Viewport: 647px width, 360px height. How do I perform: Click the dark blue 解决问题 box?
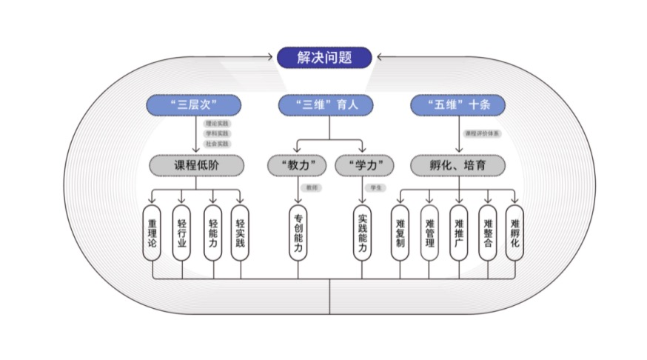(x=324, y=57)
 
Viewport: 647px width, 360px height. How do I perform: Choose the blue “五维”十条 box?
(x=457, y=105)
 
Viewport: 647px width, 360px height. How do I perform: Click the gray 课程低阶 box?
(x=196, y=164)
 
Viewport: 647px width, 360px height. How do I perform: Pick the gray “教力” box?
(x=298, y=164)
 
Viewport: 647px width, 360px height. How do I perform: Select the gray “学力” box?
(x=363, y=164)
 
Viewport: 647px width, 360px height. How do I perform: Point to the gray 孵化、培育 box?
(x=457, y=164)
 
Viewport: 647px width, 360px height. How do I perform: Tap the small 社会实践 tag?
(x=218, y=143)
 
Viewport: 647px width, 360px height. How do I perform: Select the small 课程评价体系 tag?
(x=482, y=133)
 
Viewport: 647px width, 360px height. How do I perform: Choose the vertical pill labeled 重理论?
(x=152, y=233)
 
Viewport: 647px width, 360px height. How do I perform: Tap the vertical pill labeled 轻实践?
(x=240, y=233)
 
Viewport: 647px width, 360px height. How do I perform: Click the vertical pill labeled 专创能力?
(x=298, y=233)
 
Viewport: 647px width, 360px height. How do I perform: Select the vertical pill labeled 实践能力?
(x=363, y=233)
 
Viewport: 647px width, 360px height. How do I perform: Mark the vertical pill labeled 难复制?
(x=400, y=233)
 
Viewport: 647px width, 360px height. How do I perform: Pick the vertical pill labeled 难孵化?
(x=515, y=233)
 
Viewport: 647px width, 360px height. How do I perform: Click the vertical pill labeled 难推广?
(x=458, y=233)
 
